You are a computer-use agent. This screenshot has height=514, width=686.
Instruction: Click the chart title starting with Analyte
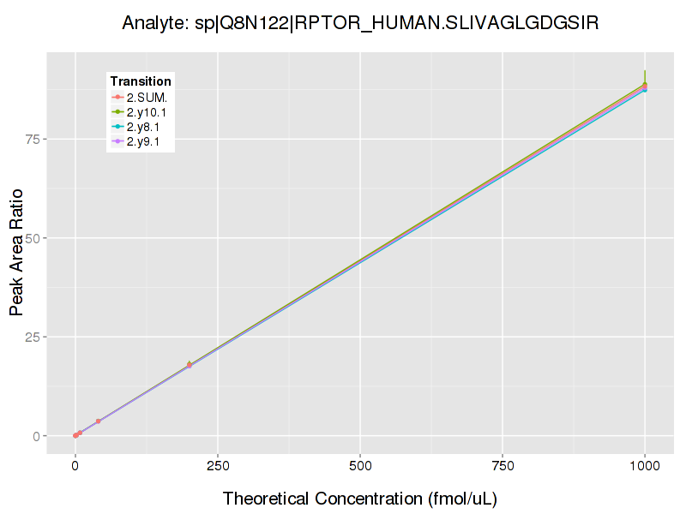pos(360,23)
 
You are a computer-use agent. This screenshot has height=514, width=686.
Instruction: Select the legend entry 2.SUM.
pos(147,97)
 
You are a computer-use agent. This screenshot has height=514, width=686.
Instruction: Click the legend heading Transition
pos(141,81)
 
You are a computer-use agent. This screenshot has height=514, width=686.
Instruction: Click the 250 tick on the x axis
pos(218,466)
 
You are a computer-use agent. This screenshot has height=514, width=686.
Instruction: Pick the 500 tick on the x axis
pos(360,466)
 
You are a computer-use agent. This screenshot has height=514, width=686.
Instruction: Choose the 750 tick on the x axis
pos(502,466)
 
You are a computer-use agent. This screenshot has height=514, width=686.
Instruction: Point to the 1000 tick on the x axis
pos(645,466)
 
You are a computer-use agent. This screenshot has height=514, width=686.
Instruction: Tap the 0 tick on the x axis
pos(75,466)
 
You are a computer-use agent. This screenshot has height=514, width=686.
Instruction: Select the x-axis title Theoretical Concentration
pos(360,499)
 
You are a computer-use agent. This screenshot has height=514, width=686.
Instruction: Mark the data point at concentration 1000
pos(645,87)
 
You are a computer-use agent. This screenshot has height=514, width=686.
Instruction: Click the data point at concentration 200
pos(190,366)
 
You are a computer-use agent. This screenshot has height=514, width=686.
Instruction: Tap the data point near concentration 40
pos(99,421)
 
